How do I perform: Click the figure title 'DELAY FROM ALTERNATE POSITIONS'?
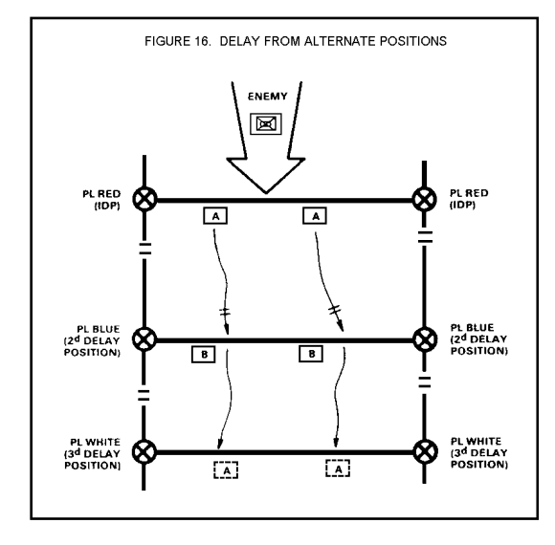coord(333,41)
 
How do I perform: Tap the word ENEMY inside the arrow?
coord(268,97)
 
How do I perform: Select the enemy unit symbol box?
coord(266,123)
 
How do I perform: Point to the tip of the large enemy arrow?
coord(266,193)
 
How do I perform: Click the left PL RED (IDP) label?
coord(101,200)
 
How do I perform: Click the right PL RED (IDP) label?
coord(469,199)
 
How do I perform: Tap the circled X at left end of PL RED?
coord(144,199)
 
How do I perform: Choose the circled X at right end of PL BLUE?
coord(425,339)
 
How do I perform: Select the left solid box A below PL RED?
coord(215,216)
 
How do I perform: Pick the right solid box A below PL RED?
coord(315,216)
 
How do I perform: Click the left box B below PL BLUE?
coord(204,355)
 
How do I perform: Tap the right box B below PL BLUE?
coord(311,354)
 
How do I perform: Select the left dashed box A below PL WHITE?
coord(226,470)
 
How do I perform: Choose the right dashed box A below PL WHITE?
coord(338,469)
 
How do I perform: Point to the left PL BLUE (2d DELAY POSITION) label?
coord(92,341)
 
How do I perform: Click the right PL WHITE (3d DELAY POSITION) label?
coord(479,452)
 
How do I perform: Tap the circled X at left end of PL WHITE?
coord(144,451)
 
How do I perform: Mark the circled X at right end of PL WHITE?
coord(425,451)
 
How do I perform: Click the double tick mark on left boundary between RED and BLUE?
coord(144,249)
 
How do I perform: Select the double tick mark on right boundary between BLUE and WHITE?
coord(425,382)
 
